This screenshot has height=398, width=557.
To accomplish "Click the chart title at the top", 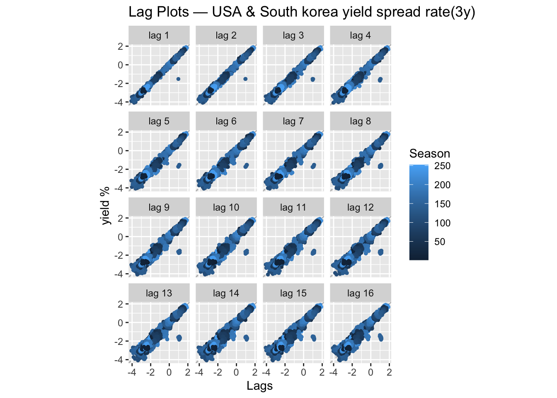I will [302, 12].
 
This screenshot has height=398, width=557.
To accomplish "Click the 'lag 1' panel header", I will [159, 36].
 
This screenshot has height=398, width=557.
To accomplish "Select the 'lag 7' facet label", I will [293, 121].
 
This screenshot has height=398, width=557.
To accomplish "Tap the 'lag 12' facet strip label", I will [360, 207].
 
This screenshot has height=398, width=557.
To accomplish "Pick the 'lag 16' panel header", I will [360, 294].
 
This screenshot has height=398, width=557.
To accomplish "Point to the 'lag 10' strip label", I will [226, 207].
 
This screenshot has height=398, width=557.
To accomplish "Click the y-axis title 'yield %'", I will [106, 206].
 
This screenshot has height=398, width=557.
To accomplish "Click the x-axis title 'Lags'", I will [259, 386].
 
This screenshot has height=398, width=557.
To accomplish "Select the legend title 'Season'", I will [429, 154].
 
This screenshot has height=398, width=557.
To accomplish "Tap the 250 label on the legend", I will [442, 166].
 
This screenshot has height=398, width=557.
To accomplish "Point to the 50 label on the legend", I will [440, 242].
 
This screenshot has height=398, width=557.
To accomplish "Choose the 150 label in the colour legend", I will [442, 204].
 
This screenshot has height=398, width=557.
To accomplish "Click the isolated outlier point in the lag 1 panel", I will [178, 79].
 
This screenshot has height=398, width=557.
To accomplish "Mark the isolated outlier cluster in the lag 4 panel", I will [380, 80].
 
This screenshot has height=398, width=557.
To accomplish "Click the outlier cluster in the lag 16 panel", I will [380, 338].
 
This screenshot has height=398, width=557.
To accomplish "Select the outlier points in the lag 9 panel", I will [179, 252].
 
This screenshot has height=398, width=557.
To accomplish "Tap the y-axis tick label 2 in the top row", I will [120, 46].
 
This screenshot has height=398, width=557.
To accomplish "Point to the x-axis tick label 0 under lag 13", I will [169, 372].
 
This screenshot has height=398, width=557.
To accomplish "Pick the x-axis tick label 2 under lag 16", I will [389, 372].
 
